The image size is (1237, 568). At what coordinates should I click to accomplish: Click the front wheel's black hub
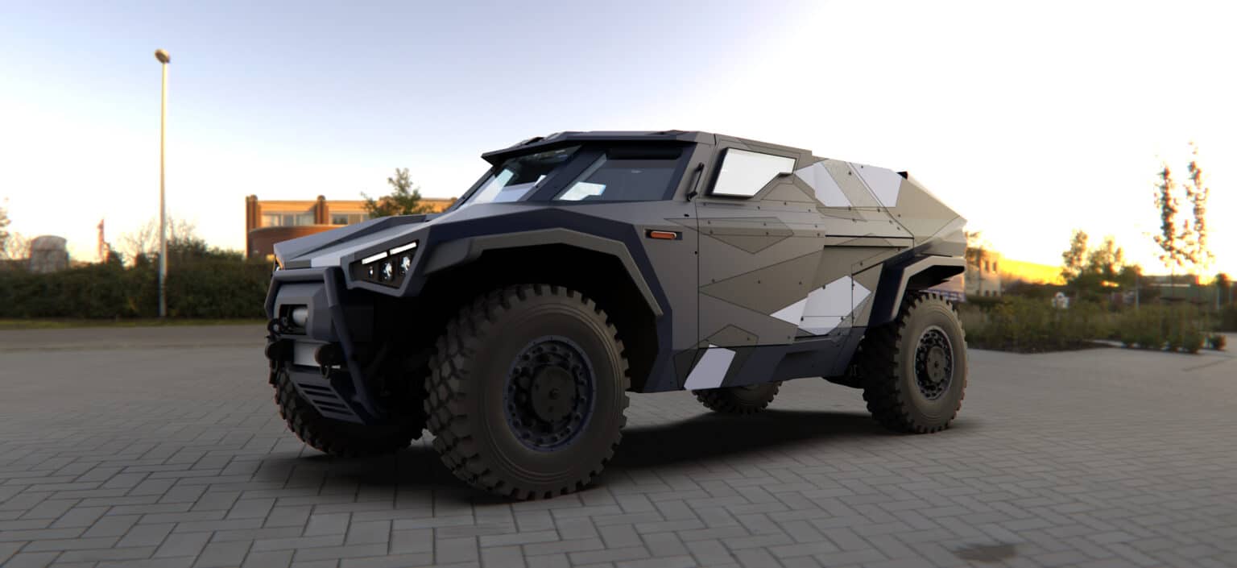[x=550, y=393]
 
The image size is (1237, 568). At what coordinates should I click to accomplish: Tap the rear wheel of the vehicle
[x=916, y=363]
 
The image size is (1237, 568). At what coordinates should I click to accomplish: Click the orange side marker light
[x=663, y=234]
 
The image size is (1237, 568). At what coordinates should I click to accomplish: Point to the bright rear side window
[x=752, y=172]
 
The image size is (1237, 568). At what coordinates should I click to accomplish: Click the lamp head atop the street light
[x=163, y=56]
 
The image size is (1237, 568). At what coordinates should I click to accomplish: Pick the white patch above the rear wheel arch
[x=822, y=305]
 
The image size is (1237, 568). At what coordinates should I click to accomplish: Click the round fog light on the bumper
[x=300, y=316]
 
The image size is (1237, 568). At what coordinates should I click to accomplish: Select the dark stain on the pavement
[x=984, y=552]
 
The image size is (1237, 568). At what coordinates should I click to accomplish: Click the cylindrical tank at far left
[x=48, y=253]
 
